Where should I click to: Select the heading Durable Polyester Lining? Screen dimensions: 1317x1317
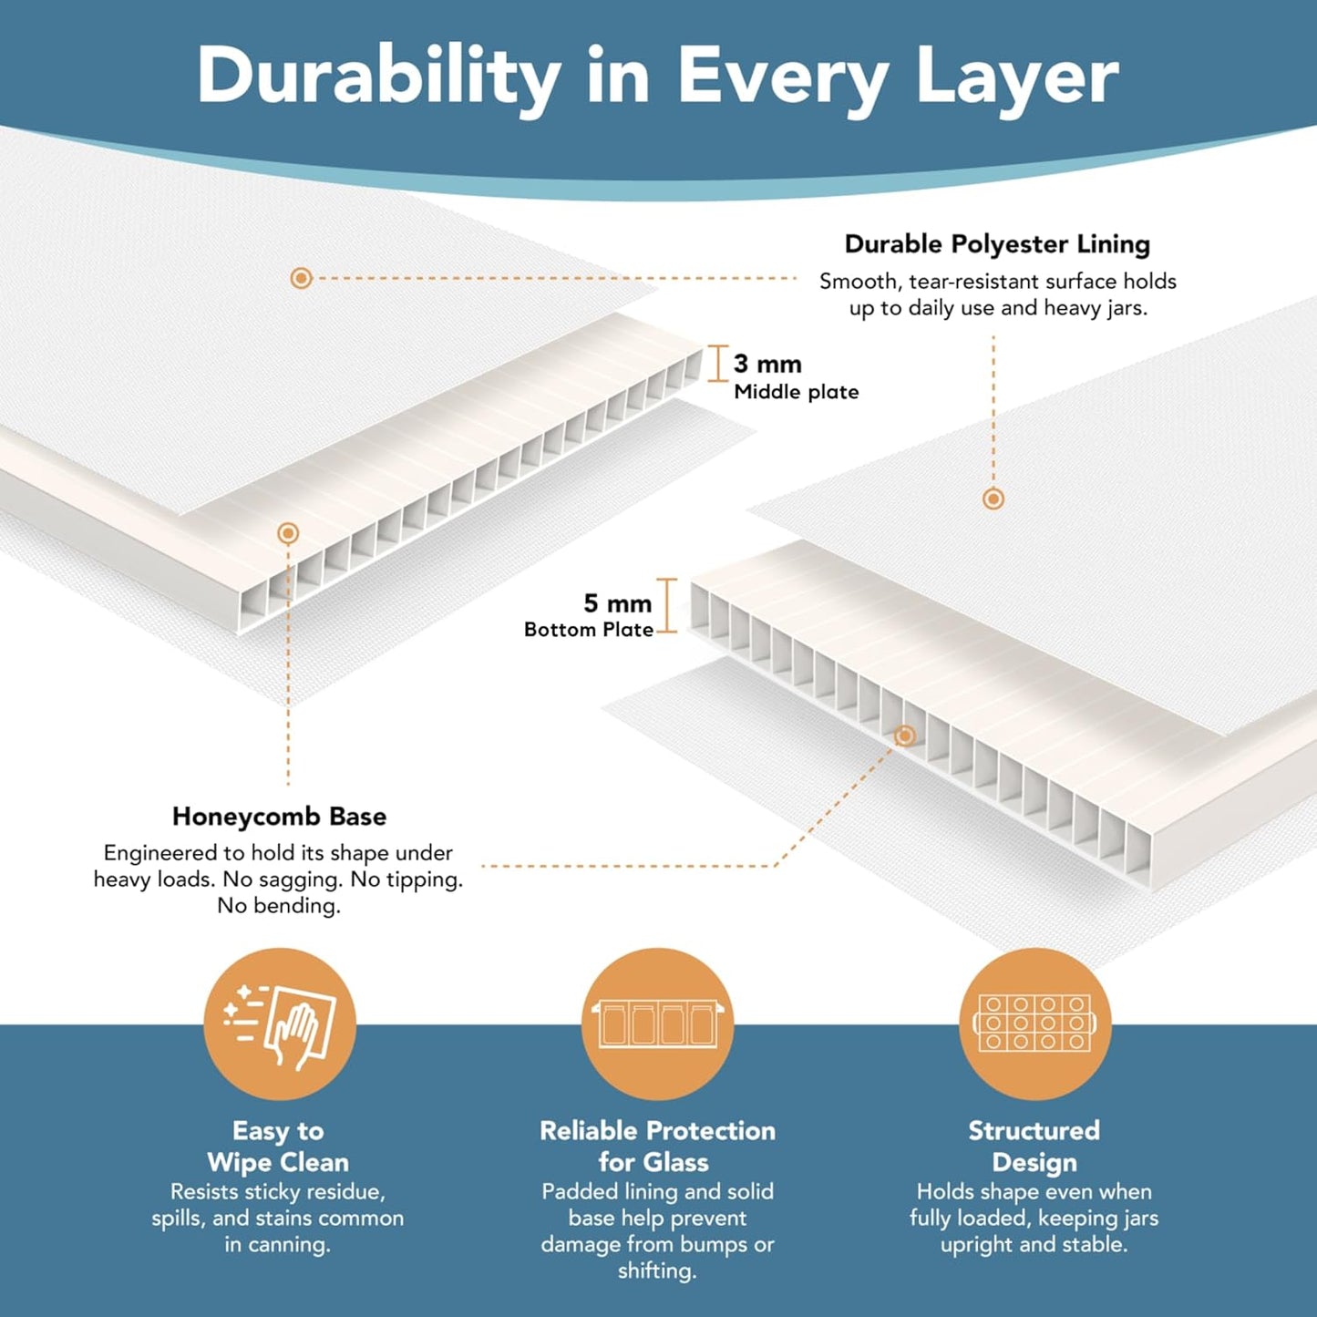coord(997,244)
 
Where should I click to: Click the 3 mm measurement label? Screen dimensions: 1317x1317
coord(767,364)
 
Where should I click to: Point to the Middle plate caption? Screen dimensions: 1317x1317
coord(797,392)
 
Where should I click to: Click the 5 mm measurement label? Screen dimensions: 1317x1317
coord(618,602)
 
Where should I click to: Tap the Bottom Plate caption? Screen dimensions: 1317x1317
coord(589,630)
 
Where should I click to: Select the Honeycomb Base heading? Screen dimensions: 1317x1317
coord(279,816)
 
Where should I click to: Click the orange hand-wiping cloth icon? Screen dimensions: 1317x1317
coord(280,1024)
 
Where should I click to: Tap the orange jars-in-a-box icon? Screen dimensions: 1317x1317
coord(657,1024)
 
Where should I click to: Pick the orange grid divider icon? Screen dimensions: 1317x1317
coord(1035,1024)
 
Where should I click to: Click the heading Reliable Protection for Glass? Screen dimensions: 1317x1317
coord(657,1147)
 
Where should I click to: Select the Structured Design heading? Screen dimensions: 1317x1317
coord(1034,1147)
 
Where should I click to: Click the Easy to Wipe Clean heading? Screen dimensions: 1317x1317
coord(278,1147)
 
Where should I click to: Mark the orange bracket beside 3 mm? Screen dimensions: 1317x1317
coord(716,364)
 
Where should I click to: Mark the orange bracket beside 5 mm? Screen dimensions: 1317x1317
coord(666,605)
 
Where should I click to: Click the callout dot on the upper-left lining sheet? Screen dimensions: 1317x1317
coord(302,278)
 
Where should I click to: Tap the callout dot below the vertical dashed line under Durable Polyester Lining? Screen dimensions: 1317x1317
coord(993,499)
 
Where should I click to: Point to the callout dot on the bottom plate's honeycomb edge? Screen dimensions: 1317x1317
coord(905,736)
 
